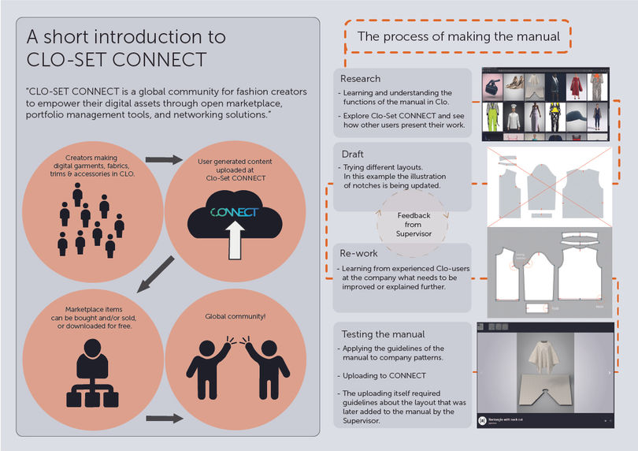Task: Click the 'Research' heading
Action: click(360, 79)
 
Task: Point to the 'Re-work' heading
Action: click(359, 254)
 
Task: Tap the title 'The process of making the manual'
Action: click(458, 36)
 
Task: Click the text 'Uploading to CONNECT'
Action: click(384, 375)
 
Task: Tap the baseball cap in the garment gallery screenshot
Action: click(573, 121)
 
